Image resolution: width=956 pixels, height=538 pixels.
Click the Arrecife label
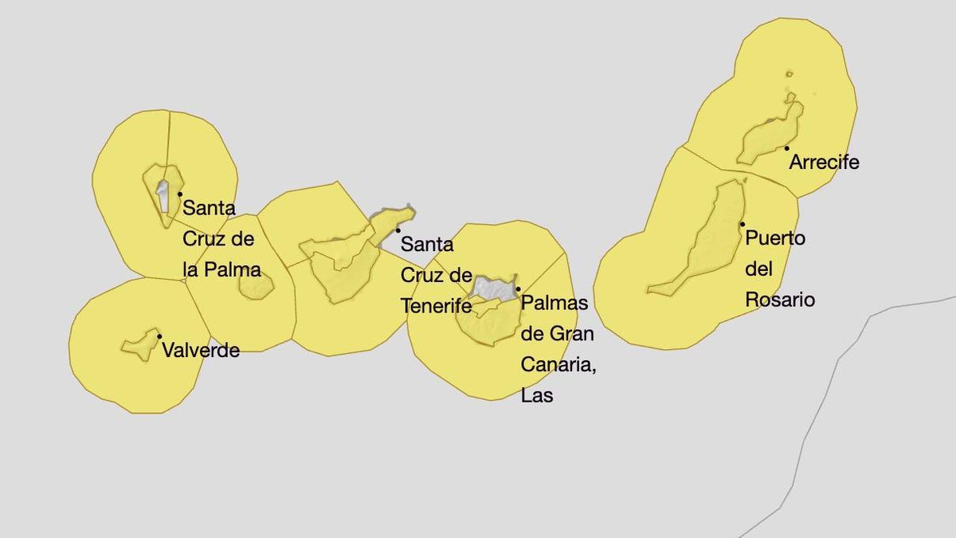coord(824,163)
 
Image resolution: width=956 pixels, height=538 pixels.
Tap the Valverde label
coord(200,350)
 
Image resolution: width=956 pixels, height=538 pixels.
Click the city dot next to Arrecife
coord(786,147)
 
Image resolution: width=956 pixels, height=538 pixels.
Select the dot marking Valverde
coord(159,336)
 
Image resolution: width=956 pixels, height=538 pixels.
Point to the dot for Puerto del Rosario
coord(742,224)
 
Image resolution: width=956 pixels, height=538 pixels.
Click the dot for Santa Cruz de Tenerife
coord(398,230)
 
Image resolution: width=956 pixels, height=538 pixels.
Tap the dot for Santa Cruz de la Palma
coord(180,194)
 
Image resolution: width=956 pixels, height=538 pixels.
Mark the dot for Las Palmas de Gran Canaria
coord(518,289)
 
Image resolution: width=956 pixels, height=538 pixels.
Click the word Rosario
coord(780,300)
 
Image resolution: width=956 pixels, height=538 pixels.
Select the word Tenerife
coord(436,306)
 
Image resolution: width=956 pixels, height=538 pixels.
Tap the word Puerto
coord(775,238)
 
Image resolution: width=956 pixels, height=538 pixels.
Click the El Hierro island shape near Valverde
coord(140,345)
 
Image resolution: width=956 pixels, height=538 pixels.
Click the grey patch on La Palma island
coord(163,195)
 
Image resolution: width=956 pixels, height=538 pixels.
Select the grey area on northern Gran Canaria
coord(492,287)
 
